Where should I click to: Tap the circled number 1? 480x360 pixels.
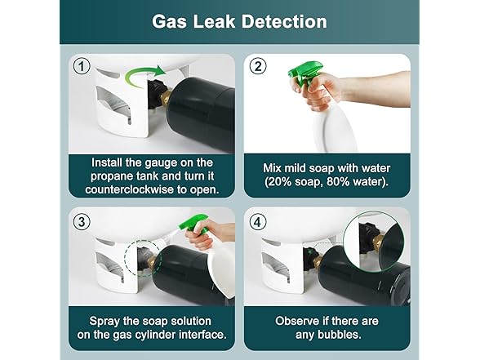coord(82,66)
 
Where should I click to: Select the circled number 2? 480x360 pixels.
coord(258,66)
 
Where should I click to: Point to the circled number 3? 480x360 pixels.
coord(82,222)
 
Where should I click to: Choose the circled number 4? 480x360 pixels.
coord(258,222)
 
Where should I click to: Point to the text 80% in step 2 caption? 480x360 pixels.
coord(338,182)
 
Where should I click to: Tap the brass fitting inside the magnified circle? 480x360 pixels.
coord(380,242)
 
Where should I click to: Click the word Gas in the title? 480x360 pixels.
coord(169,22)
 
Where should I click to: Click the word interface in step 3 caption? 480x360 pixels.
coord(202,335)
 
